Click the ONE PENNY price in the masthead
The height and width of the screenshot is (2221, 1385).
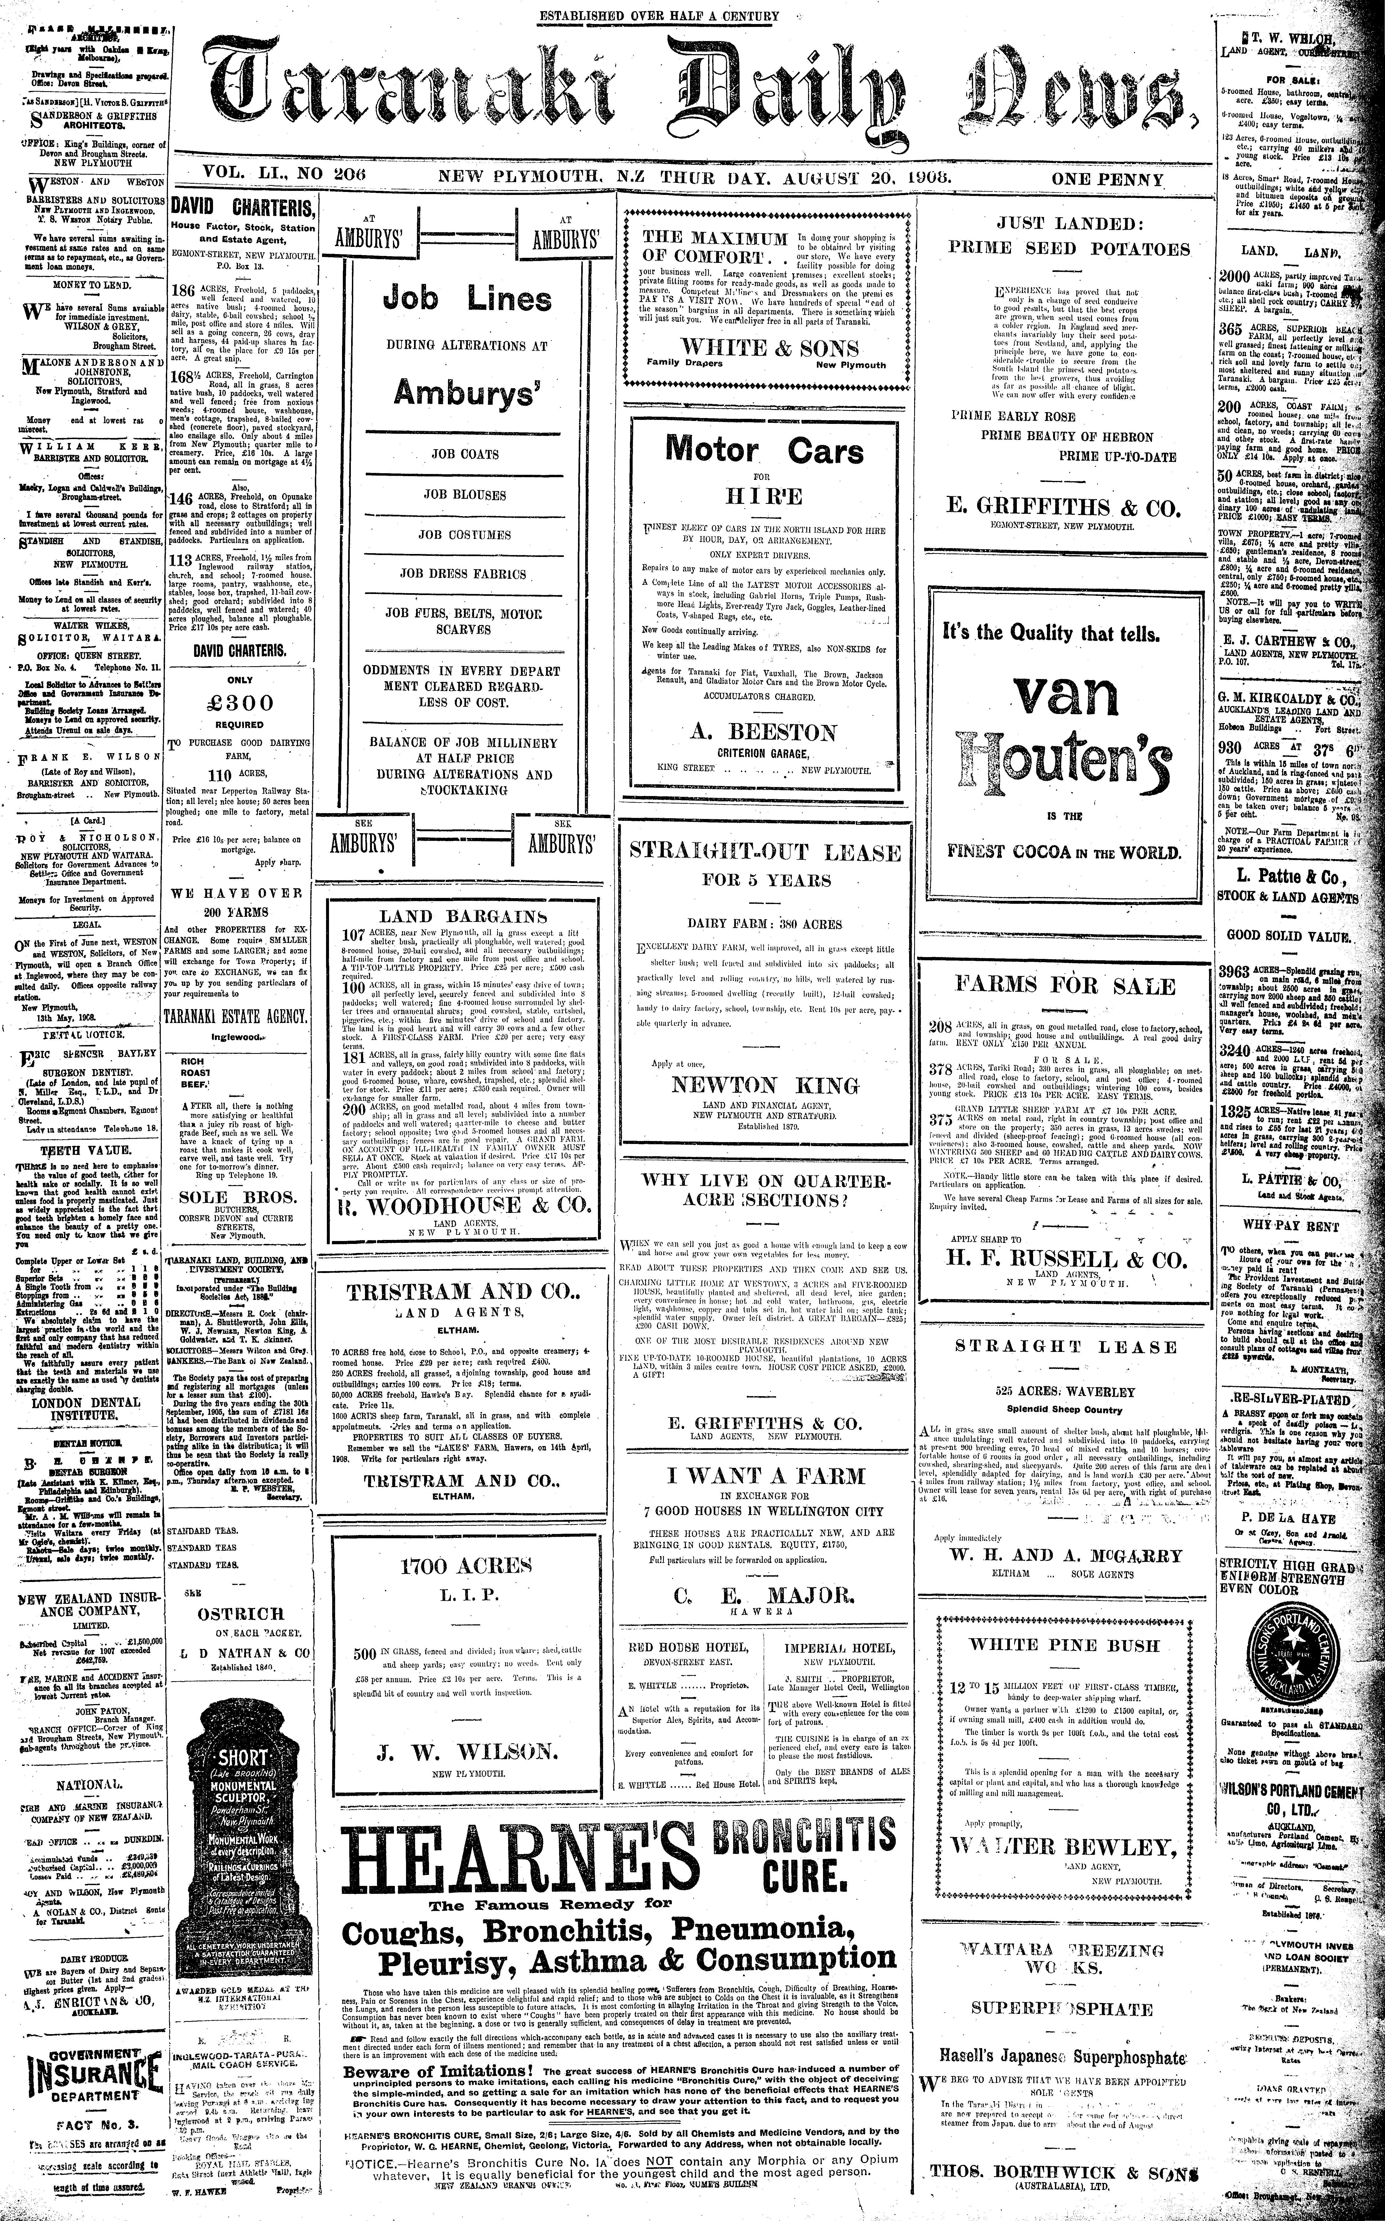click(x=1107, y=179)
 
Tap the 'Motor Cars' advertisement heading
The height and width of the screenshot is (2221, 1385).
click(x=764, y=451)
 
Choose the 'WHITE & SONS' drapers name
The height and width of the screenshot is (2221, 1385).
click(x=769, y=348)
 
